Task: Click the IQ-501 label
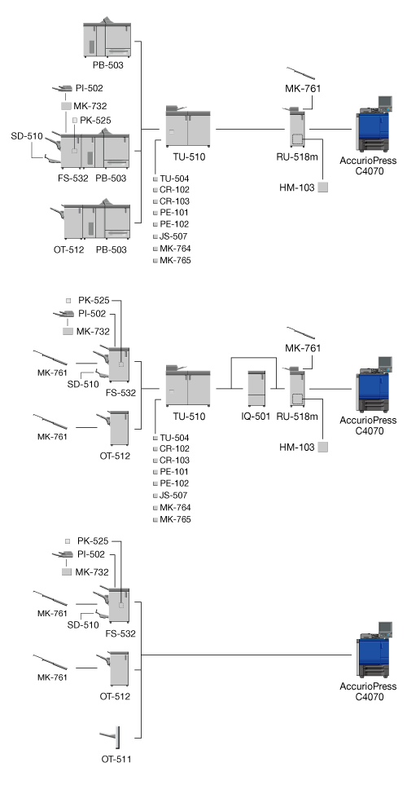(x=256, y=416)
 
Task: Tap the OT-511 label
(x=116, y=759)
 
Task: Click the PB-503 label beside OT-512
(x=111, y=249)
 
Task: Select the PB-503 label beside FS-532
(x=111, y=178)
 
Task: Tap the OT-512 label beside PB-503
(x=68, y=249)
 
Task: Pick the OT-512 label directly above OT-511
(x=115, y=696)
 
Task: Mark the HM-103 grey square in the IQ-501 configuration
(x=323, y=447)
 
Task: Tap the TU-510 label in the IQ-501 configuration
(x=189, y=416)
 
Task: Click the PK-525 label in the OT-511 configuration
(x=93, y=541)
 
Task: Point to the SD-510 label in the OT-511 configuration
(x=83, y=624)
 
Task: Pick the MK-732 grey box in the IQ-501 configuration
(x=68, y=332)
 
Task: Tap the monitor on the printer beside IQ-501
(x=385, y=364)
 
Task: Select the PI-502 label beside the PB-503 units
(x=90, y=88)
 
